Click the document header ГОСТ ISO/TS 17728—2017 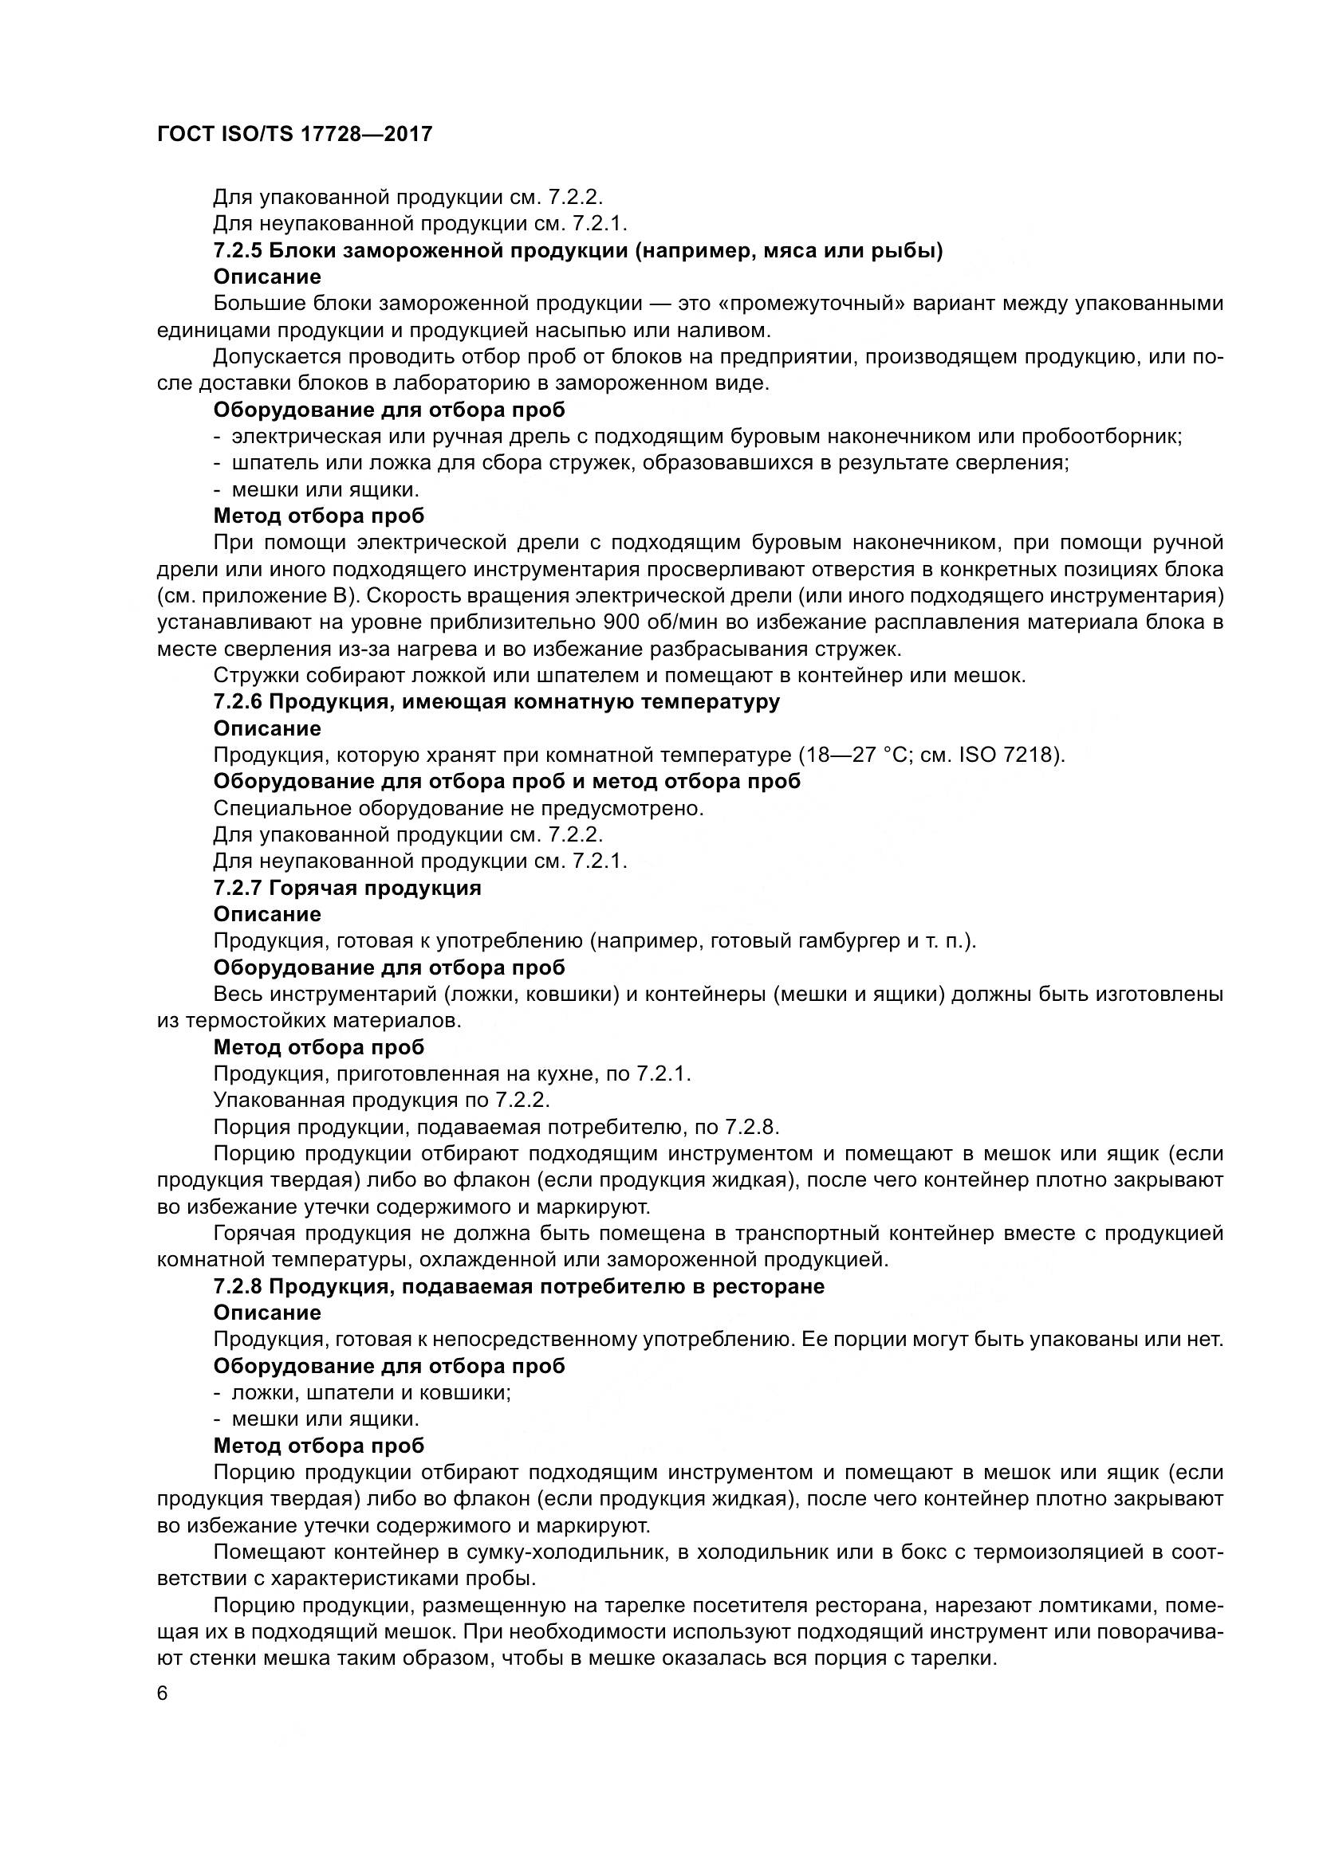[x=294, y=134]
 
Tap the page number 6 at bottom [x=163, y=1693]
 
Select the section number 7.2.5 [x=237, y=251]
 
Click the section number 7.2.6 [x=237, y=701]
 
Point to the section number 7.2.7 [x=237, y=887]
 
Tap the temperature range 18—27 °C [x=852, y=755]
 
